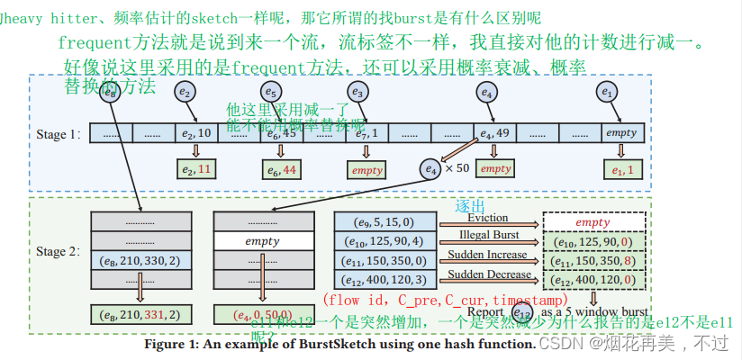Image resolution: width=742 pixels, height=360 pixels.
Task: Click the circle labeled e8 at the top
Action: tap(110, 91)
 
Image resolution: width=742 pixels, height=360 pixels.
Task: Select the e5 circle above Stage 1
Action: tap(271, 91)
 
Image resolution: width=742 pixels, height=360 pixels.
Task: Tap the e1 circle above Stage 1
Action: tap(608, 92)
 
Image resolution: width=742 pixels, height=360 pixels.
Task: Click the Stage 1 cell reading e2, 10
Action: tap(195, 134)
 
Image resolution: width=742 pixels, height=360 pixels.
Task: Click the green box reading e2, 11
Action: tap(195, 169)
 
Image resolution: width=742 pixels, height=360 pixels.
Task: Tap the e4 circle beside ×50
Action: tap(430, 168)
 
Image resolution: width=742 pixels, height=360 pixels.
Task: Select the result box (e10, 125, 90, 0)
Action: tap(594, 241)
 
